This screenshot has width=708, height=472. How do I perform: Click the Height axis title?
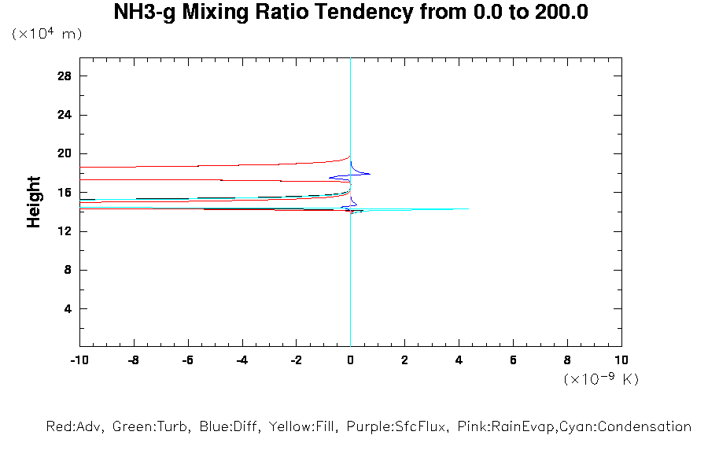coord(33,202)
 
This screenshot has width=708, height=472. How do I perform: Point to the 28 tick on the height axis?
coord(65,76)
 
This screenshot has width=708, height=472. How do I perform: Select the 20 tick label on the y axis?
coord(65,154)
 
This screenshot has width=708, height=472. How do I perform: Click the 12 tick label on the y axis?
coord(65,231)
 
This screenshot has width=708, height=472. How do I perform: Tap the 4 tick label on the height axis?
coord(68,309)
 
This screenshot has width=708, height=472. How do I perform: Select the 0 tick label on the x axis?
coord(350,360)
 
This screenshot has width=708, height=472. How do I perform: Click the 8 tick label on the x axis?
coord(567,360)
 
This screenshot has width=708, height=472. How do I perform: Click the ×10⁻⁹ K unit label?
coord(601,379)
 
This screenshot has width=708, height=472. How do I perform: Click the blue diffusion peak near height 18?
coord(369,174)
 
